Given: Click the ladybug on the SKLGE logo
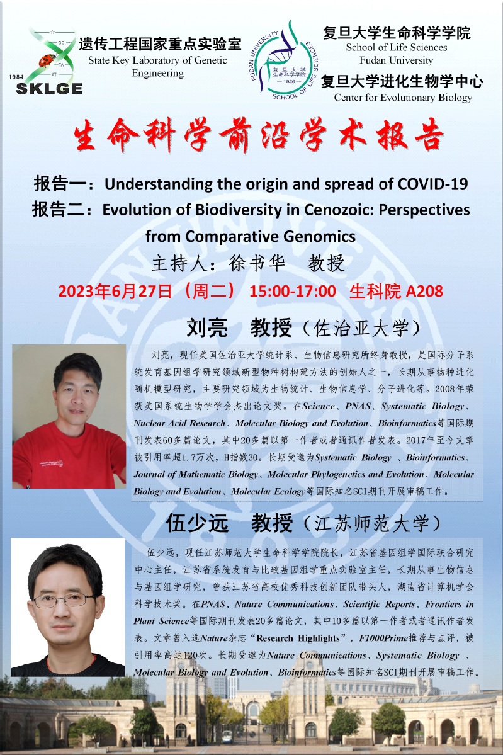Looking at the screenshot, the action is pos(47,60).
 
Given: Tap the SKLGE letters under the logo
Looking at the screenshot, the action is pos(49,89).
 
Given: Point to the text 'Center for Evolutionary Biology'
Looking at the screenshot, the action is pos(403,97).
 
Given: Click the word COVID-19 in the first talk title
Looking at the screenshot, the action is pos(432,184).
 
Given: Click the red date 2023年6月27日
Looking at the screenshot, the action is pos(115,291).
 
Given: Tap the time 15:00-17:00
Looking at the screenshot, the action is pos(293,291).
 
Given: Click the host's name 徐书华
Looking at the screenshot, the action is pos(257,263).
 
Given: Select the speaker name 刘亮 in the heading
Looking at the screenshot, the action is pos(207,328).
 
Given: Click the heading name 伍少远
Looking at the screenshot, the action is pos(197,523).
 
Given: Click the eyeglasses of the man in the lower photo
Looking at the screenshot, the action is pos(64,600).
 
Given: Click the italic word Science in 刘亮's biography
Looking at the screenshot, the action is pos(319,406).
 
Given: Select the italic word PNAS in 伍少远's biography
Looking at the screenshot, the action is pos(213,604).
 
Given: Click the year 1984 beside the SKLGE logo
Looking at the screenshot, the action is pos(16,77).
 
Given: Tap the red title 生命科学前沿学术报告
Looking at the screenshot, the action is pos(259,134).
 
